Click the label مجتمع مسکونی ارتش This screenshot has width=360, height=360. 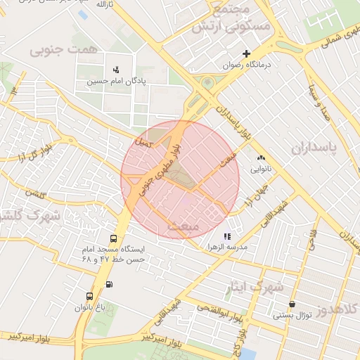click(230, 20)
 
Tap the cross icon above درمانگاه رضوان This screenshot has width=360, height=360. click(246, 53)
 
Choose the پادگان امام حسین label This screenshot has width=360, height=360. click(117, 81)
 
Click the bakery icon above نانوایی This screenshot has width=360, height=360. click(262, 158)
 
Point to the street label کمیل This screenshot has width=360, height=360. click(144, 143)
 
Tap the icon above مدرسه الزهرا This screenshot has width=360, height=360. click(226, 237)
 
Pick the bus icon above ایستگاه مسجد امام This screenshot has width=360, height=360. click(114, 238)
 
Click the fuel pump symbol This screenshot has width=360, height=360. click(108, 284)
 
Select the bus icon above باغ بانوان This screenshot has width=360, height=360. click(89, 297)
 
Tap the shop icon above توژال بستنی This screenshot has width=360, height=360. click(292, 304)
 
